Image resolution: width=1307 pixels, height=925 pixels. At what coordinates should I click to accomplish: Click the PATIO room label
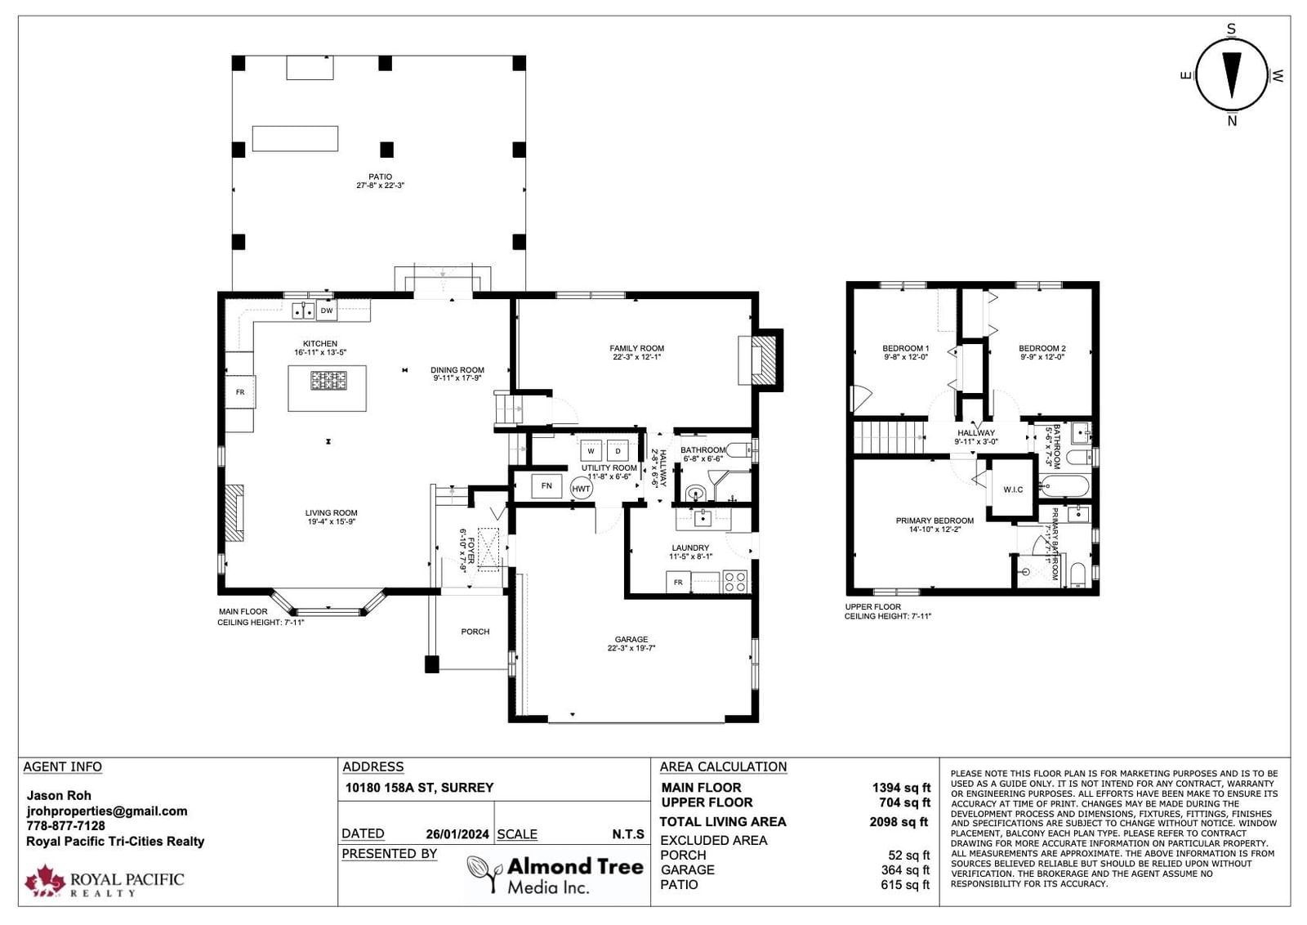click(380, 177)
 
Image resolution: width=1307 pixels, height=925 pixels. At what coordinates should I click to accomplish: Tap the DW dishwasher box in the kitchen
click(327, 311)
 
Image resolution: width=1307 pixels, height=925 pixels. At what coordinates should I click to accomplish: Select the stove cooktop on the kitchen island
click(328, 381)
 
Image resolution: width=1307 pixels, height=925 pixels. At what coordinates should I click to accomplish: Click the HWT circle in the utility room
click(581, 489)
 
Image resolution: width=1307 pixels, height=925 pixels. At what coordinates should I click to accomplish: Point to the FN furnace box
click(546, 485)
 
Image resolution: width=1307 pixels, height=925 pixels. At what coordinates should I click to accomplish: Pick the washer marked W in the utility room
click(591, 451)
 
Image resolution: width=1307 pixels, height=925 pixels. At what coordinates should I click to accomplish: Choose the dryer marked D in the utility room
click(618, 451)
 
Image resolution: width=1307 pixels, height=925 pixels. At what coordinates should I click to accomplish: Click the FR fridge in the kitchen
click(240, 392)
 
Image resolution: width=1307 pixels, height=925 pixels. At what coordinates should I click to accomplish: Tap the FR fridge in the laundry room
click(678, 583)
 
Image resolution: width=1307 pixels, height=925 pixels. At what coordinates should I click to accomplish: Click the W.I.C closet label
click(1013, 489)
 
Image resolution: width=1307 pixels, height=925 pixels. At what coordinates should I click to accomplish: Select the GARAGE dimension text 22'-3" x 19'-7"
click(631, 648)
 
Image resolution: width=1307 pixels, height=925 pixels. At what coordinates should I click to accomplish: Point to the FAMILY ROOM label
click(636, 348)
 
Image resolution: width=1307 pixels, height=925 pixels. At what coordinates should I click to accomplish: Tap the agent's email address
click(107, 811)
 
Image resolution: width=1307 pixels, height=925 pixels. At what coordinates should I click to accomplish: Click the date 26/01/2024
click(457, 834)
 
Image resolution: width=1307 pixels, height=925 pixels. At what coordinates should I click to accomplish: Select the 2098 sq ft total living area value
click(899, 822)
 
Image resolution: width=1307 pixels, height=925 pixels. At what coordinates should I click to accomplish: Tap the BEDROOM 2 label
click(1042, 348)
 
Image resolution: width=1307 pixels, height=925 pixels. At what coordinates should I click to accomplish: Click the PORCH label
click(475, 632)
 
